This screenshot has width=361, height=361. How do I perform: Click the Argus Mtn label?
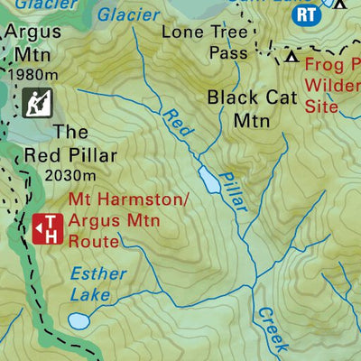click(x=32, y=42)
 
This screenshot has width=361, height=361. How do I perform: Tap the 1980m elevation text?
click(x=32, y=73)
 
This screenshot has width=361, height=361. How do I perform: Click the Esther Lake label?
click(x=98, y=283)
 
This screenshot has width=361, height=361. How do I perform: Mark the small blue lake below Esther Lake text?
click(x=79, y=320)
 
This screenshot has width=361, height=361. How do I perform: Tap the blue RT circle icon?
click(x=308, y=14)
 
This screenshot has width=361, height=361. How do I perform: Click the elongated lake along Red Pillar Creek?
click(x=209, y=180)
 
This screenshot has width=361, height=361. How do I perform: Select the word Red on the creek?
click(x=178, y=124)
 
